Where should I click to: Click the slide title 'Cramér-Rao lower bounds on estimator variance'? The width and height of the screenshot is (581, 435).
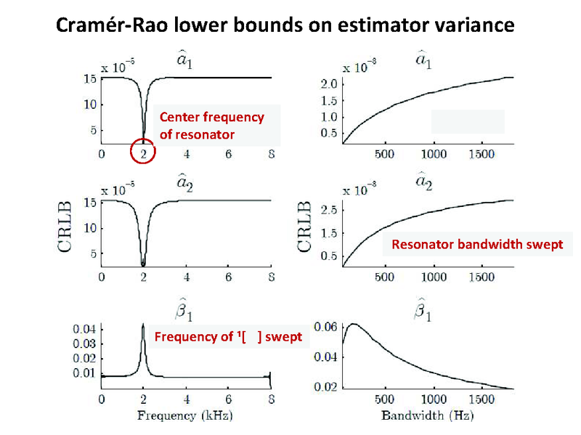pyautogui.click(x=285, y=25)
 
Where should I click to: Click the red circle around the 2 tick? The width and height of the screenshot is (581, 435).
pyautogui.click(x=144, y=152)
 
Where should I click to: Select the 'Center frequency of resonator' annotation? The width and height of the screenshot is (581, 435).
pyautogui.click(x=211, y=126)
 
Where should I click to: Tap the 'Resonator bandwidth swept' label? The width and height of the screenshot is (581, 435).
pyautogui.click(x=477, y=245)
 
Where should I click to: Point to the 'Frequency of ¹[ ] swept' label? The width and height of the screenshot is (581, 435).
pyautogui.click(x=228, y=337)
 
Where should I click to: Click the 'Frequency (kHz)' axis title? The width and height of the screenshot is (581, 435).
pyautogui.click(x=185, y=415)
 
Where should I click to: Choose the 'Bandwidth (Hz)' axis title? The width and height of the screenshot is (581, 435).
pyautogui.click(x=427, y=415)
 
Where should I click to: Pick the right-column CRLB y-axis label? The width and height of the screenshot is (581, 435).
pyautogui.click(x=306, y=227)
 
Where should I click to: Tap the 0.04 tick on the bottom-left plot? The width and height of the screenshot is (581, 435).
pyautogui.click(x=84, y=329)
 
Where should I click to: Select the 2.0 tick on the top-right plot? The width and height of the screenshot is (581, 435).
pyautogui.click(x=328, y=84)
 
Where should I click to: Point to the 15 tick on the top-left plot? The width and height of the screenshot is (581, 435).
pyautogui.click(x=91, y=78)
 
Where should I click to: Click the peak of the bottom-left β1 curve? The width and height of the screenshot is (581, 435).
pyautogui.click(x=144, y=325)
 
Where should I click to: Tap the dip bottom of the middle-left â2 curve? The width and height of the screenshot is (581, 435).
pyautogui.click(x=144, y=264)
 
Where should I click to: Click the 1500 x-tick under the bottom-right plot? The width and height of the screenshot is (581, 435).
pyautogui.click(x=483, y=399)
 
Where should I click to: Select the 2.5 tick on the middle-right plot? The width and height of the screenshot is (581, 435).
pyautogui.click(x=328, y=210)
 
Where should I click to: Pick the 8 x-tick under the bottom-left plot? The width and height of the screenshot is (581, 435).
pyautogui.click(x=270, y=399)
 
